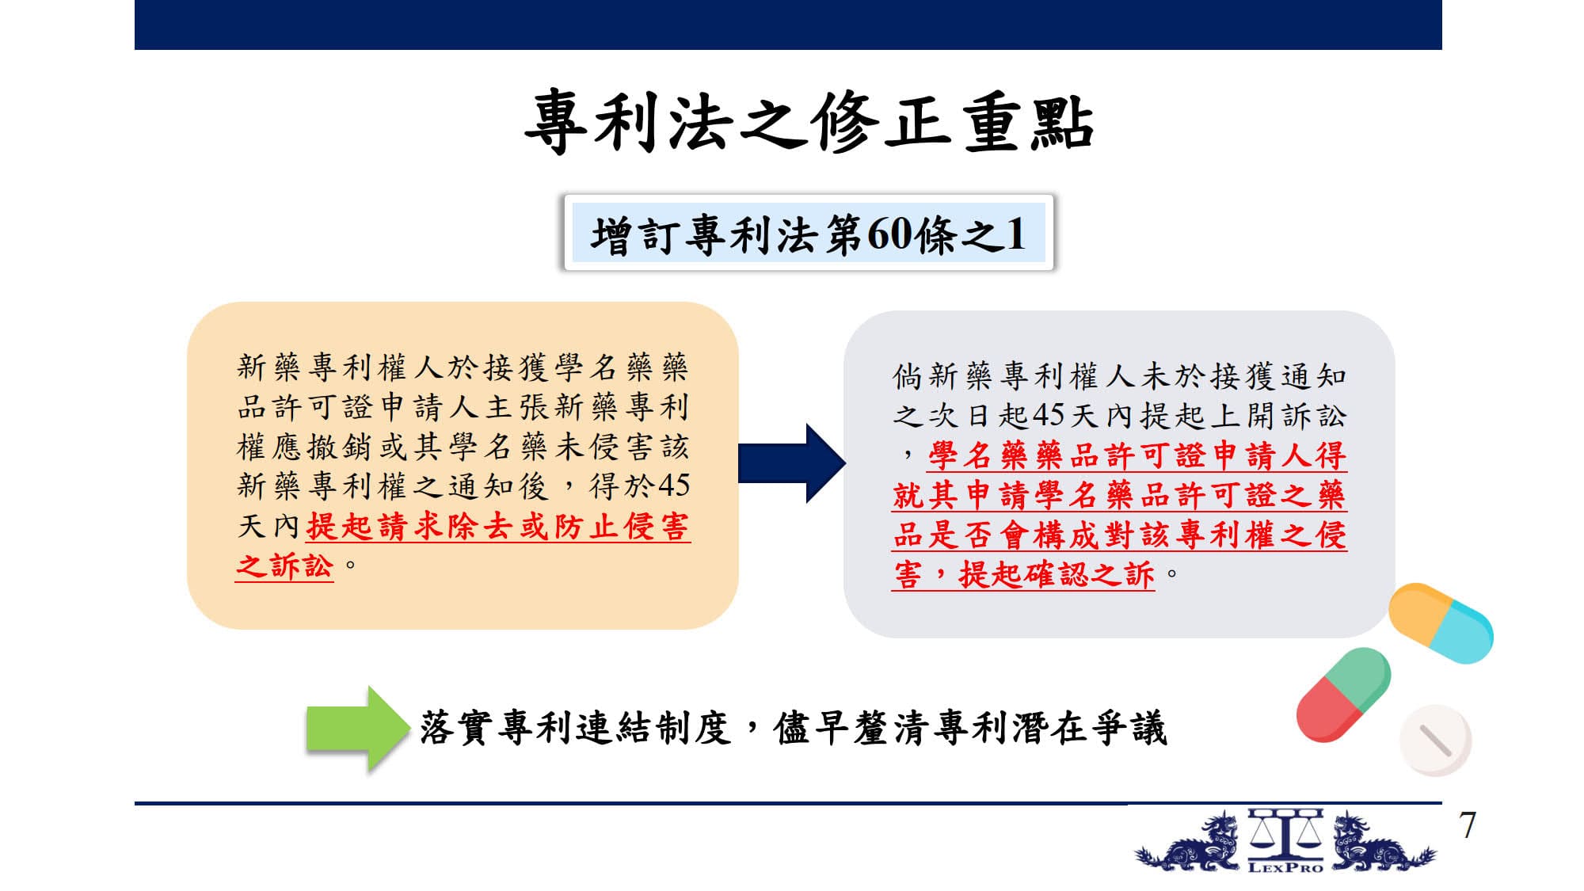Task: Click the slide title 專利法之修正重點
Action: point(809,121)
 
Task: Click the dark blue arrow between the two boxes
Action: point(791,463)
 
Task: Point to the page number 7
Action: point(1468,825)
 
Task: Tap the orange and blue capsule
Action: point(1441,623)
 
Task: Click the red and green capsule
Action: point(1343,695)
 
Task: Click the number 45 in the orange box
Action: point(673,485)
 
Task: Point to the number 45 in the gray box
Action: point(1049,415)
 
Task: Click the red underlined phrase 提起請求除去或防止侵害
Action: point(498,526)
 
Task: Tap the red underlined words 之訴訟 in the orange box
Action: point(284,565)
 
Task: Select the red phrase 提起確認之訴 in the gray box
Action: point(1057,574)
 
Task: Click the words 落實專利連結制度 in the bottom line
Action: point(575,728)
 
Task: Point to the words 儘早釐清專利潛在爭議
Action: point(971,728)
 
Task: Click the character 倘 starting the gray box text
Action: point(908,376)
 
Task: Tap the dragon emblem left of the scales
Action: point(1188,843)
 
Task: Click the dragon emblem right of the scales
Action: point(1382,843)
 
